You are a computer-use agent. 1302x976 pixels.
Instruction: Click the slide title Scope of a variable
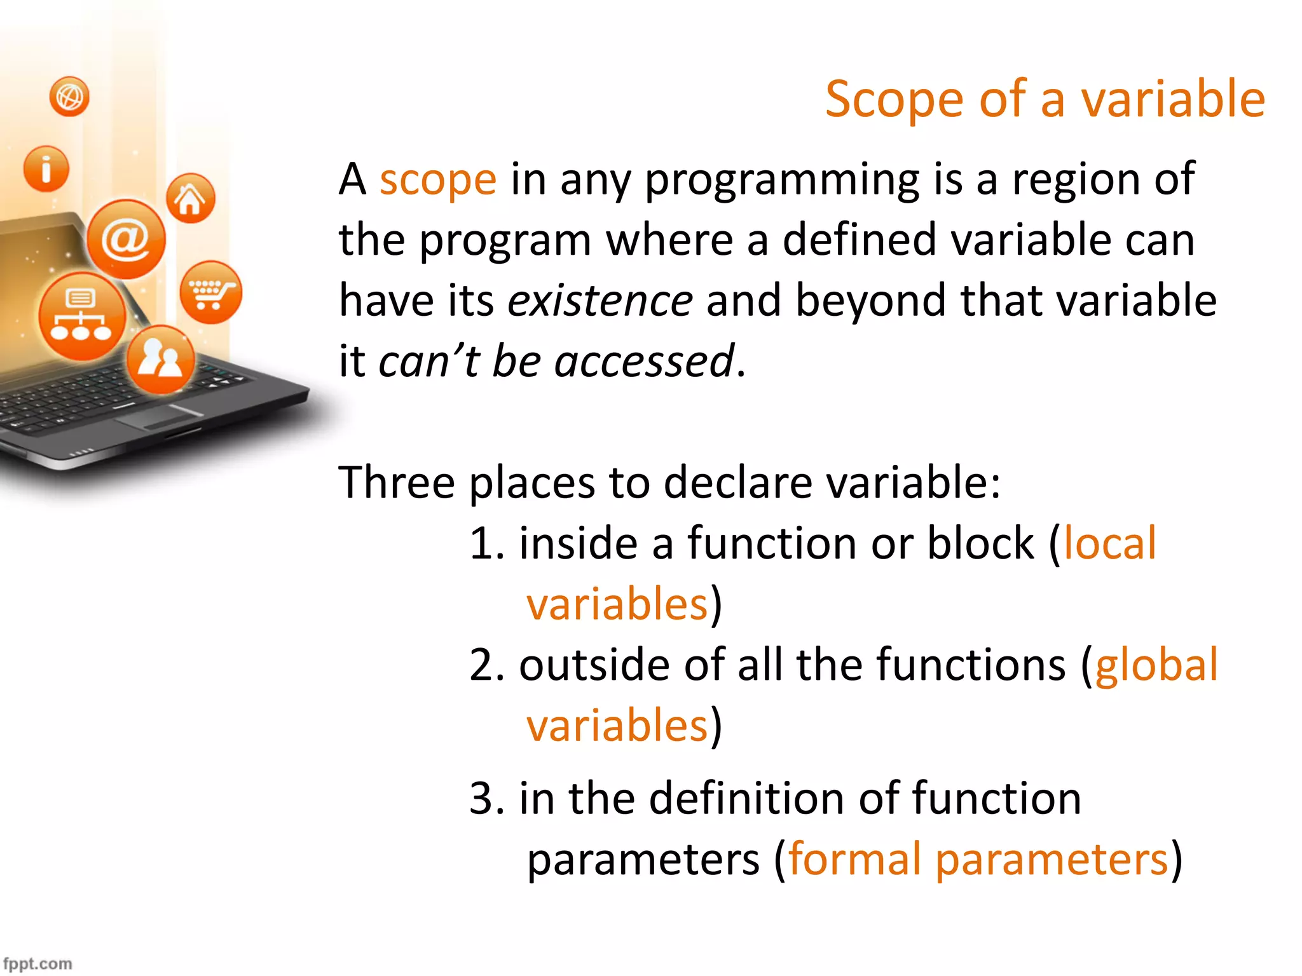pos(1045,99)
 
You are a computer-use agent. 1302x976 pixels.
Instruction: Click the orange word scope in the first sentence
pos(437,180)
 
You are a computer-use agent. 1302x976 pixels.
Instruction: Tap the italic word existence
pos(600,301)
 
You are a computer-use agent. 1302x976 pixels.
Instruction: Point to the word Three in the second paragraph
pos(396,482)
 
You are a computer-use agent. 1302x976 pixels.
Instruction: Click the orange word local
pos(1109,543)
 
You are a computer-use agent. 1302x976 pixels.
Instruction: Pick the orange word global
pos(1156,665)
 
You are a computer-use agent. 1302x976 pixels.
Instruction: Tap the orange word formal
pos(854,859)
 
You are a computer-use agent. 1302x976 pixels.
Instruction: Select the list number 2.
pos(484,665)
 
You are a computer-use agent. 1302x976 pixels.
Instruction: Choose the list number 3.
pos(484,799)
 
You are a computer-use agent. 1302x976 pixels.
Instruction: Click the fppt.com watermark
pos(38,963)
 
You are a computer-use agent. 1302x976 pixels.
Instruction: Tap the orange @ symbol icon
pos(126,239)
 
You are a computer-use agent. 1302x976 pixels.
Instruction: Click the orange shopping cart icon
pos(210,292)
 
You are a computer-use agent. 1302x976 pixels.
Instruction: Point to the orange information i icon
pos(46,169)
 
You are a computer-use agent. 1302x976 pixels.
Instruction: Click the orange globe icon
pos(69,97)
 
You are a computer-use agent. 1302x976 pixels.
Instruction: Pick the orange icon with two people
pos(160,359)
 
